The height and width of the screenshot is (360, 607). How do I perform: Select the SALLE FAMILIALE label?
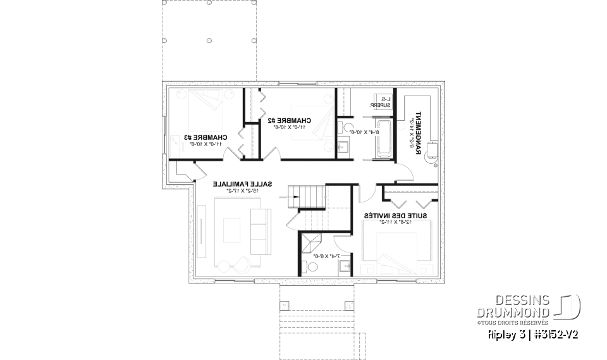tap(243, 184)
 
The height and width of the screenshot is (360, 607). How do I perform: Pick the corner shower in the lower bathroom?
tap(310, 243)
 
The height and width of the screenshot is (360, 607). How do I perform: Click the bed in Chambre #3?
tap(204, 105)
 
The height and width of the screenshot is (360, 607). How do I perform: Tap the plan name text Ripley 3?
tap(501, 333)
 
